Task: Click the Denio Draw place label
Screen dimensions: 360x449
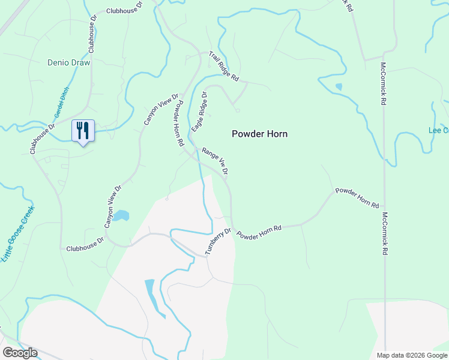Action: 68,62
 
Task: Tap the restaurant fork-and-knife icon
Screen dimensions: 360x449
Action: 83,130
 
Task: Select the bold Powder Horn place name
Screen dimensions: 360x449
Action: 259,134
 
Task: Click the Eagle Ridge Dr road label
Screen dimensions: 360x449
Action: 199,112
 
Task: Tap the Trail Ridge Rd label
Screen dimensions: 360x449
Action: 224,66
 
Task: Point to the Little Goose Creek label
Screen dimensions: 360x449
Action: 19,233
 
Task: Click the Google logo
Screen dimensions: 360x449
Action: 20,353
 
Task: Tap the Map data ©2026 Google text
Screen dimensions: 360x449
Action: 412,355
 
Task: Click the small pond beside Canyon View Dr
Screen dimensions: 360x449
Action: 121,215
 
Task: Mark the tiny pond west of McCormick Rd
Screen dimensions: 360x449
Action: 339,87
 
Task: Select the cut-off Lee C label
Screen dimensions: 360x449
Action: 438,130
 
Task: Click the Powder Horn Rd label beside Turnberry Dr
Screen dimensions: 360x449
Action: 259,232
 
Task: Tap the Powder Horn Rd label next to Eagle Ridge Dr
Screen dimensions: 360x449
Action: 178,124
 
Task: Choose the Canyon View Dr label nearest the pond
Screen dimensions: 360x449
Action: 113,206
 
